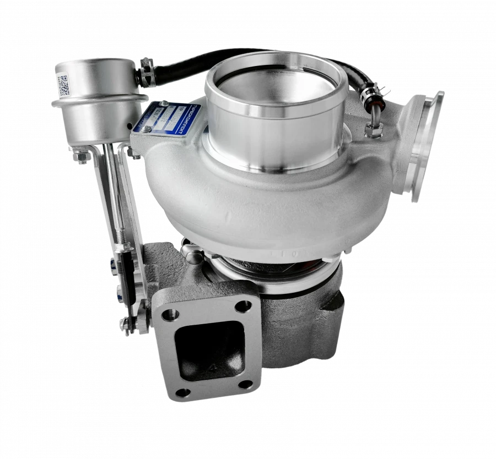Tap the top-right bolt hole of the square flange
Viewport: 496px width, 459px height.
point(241,306)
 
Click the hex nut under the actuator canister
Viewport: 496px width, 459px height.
point(82,159)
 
